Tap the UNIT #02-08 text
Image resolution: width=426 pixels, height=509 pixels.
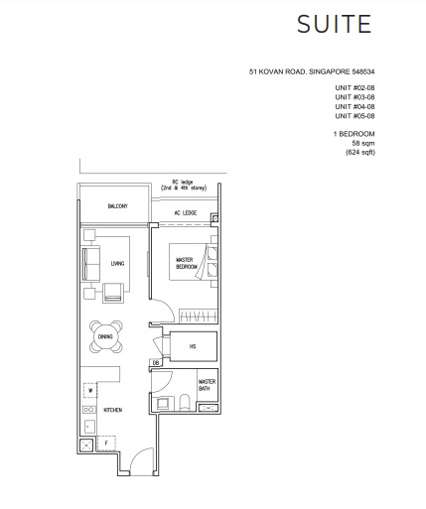click(354, 87)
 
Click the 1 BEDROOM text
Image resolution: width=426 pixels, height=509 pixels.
click(354, 133)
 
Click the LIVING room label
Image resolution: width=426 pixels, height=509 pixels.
click(117, 263)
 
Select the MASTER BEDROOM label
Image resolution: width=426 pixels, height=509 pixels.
click(187, 264)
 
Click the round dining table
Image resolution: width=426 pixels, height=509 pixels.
click(104, 337)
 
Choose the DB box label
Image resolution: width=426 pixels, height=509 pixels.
click(157, 363)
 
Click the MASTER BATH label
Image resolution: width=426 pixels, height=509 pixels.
click(207, 385)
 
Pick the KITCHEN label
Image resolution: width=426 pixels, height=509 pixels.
click(112, 408)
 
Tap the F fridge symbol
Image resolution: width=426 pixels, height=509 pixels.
click(107, 444)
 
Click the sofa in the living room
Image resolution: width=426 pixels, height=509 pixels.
click(91, 263)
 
